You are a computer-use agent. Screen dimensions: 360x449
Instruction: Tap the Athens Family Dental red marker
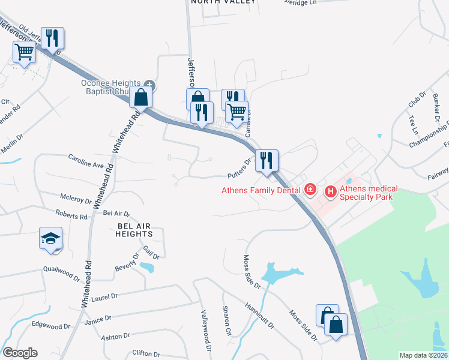310,190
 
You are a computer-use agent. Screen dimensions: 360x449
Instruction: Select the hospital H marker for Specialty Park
330,192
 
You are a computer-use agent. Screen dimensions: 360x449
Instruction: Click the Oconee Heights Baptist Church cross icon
149,85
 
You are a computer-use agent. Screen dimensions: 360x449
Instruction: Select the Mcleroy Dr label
76,199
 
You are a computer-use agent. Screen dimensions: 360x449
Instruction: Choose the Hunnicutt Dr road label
259,316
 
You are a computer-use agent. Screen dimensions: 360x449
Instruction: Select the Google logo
20,353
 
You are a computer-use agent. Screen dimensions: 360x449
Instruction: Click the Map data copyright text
423,355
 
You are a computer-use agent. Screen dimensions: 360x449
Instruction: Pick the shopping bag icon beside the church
140,96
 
